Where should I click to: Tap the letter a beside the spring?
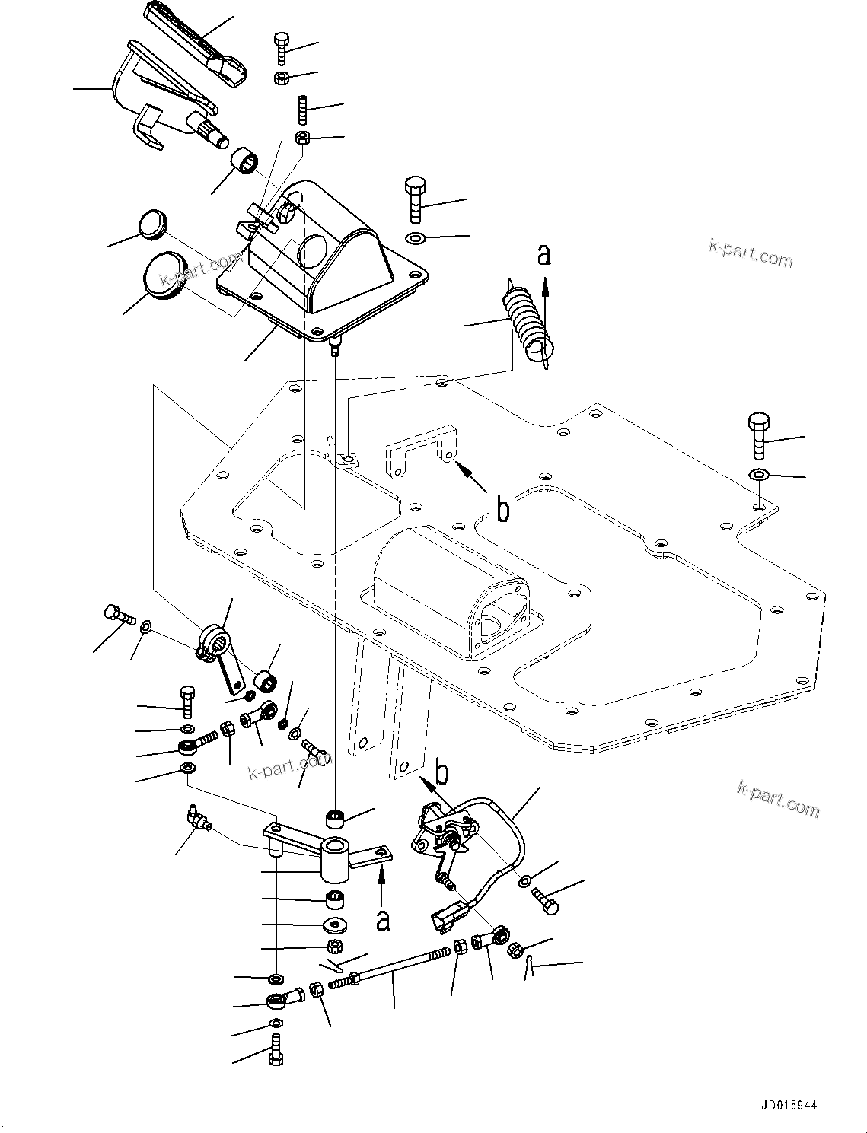tap(543, 254)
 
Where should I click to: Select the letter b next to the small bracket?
tap(502, 511)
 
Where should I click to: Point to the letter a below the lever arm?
tap(384, 919)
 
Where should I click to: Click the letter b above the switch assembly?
tap(441, 773)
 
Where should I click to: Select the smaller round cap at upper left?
tap(152, 226)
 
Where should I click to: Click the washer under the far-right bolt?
tap(758, 475)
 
